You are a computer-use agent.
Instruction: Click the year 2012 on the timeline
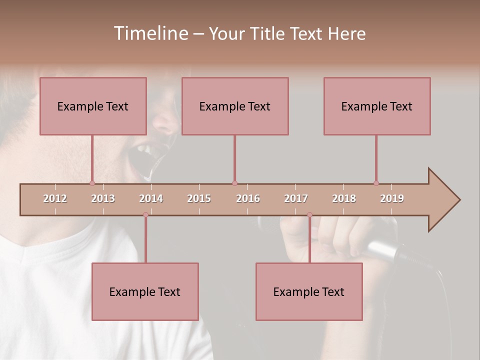tap(55, 198)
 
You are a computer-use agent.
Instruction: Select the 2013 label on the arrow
tap(103, 198)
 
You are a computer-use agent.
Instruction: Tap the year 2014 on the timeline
tap(151, 198)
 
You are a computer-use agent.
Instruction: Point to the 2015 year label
tap(199, 198)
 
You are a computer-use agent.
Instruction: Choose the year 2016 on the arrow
tap(248, 198)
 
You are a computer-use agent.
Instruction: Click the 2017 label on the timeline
tap(296, 198)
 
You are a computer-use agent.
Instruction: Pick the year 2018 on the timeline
tap(344, 198)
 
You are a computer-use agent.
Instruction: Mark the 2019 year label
tap(392, 198)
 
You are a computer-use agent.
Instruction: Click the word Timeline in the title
tap(149, 33)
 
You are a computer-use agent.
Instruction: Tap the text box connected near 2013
tap(93, 106)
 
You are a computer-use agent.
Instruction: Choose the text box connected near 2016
tap(235, 106)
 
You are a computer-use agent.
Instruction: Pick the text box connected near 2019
tap(377, 106)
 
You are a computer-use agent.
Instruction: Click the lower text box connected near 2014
tap(145, 291)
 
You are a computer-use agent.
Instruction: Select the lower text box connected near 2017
tap(309, 291)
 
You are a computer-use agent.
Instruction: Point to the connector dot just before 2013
tap(92, 183)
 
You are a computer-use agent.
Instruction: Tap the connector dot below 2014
tap(145, 215)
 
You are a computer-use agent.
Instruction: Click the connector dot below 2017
tap(309, 215)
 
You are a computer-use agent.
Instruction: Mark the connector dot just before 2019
tap(376, 183)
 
